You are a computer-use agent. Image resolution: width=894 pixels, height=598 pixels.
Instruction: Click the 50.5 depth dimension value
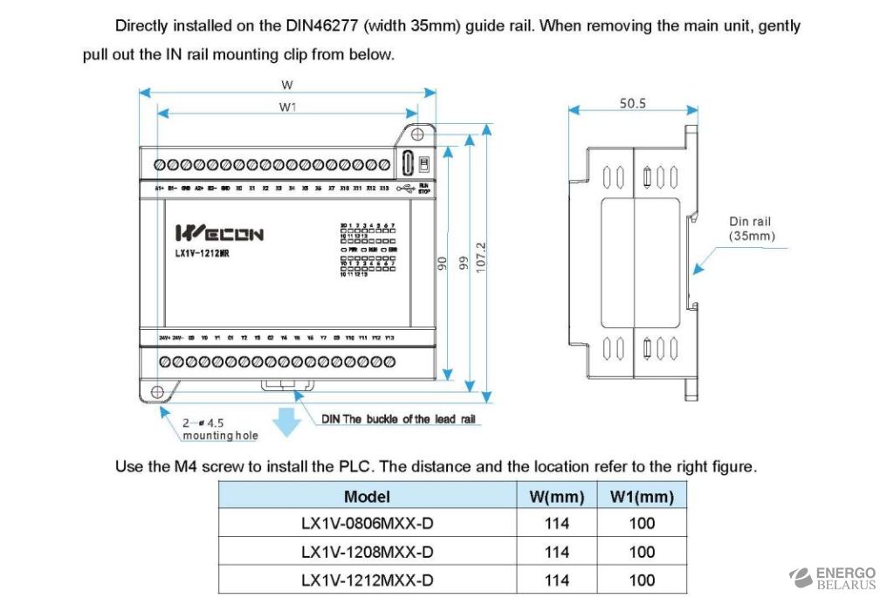633,103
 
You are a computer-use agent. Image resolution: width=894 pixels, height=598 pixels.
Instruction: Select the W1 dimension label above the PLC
287,107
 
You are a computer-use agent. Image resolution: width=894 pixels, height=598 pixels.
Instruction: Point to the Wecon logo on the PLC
219,233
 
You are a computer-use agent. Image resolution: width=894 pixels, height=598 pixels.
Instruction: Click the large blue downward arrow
285,422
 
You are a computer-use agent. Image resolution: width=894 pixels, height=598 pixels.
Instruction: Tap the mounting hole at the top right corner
417,134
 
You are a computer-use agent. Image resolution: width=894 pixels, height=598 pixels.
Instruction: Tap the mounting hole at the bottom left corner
158,391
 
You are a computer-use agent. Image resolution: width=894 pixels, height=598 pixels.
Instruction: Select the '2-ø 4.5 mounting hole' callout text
208,429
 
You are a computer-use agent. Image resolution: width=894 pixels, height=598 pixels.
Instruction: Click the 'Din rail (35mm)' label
751,229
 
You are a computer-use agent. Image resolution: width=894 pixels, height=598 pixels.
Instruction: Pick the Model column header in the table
367,497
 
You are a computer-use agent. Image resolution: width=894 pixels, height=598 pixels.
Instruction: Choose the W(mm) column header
556,497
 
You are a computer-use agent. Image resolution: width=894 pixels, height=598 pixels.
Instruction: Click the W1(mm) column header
642,497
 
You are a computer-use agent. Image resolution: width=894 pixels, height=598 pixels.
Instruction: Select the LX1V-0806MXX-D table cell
367,524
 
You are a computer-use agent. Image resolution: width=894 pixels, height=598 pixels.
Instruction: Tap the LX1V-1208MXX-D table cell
367,552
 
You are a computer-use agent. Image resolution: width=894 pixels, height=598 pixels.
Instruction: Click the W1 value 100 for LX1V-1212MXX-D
642,580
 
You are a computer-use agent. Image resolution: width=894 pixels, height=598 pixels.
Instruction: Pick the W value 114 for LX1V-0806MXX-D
556,524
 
